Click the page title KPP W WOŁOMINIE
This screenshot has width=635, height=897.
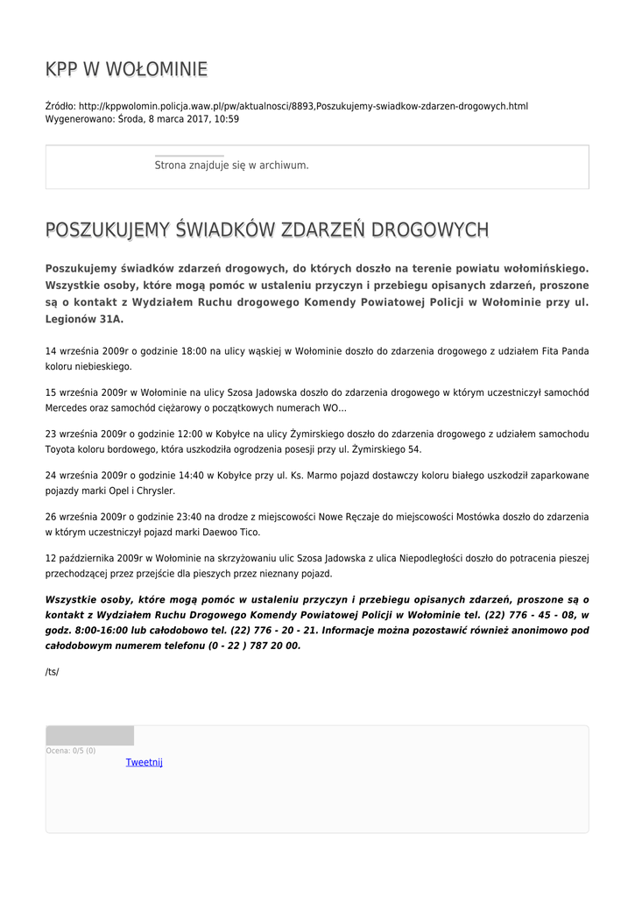pyautogui.click(x=126, y=69)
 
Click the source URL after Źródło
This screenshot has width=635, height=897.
pyautogui.click(x=303, y=106)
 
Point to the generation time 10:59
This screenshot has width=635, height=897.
pyautogui.click(x=227, y=118)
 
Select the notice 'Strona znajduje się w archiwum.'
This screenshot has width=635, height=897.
pyautogui.click(x=231, y=165)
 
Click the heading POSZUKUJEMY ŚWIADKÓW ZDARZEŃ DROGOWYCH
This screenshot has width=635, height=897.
pyautogui.click(x=267, y=230)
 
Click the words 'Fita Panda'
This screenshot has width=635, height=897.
pyautogui.click(x=564, y=351)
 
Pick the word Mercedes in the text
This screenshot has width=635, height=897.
pyautogui.click(x=67, y=408)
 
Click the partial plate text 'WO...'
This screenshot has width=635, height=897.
pyautogui.click(x=335, y=408)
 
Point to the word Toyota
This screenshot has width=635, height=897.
pyautogui.click(x=60, y=449)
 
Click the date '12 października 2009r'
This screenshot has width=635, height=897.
pyautogui.click(x=94, y=558)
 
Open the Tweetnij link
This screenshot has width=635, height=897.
pyautogui.click(x=145, y=762)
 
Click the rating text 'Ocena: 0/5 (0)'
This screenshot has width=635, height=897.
pyautogui.click(x=71, y=751)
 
